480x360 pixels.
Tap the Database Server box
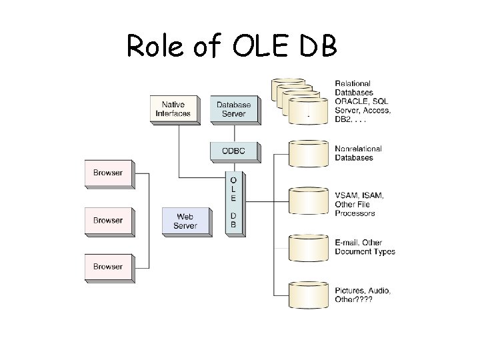click(233, 109)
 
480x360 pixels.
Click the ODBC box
click(233, 151)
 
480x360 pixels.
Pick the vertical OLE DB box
click(233, 202)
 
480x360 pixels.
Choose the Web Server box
click(185, 221)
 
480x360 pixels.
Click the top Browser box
click(108, 173)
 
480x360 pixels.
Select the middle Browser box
click(108, 220)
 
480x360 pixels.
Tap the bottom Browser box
click(108, 267)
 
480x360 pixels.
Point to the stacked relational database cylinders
click(300, 100)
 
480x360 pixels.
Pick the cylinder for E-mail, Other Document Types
click(308, 247)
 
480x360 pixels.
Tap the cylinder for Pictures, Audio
click(308, 295)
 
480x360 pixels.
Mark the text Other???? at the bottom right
click(353, 300)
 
